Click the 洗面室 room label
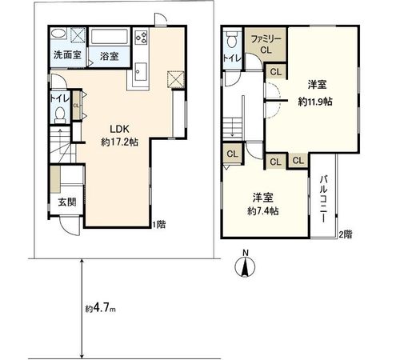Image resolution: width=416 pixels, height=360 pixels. (x=66, y=56)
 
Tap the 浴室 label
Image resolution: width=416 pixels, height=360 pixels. (x=109, y=57)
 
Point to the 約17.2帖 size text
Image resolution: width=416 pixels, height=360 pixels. (x=119, y=141)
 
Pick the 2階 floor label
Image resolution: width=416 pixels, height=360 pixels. (x=344, y=234)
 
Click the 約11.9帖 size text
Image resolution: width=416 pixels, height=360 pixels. (x=314, y=102)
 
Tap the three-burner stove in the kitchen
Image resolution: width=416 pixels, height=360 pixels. (x=142, y=37)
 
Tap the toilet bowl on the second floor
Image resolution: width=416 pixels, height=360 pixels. (x=232, y=40)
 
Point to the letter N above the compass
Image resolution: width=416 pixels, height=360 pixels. (x=246, y=254)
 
